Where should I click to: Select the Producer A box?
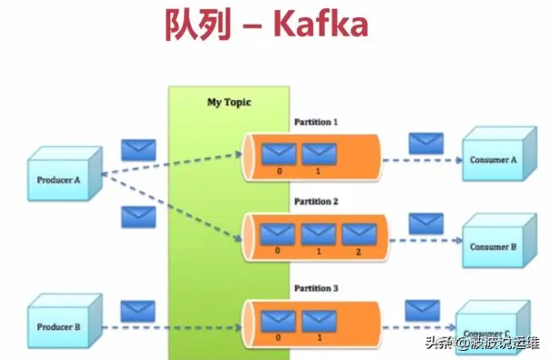click(59, 179)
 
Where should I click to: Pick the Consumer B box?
click(493, 245)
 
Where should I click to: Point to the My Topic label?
click(229, 102)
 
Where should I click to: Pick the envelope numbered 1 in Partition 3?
click(318, 319)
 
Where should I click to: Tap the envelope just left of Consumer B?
click(425, 223)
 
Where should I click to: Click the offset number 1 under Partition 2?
click(318, 252)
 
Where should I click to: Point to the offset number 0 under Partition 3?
click(278, 336)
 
